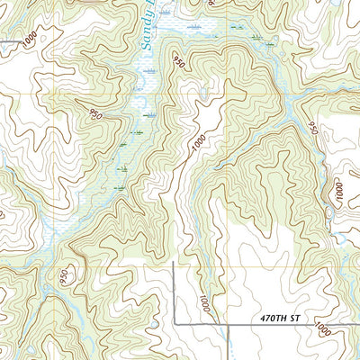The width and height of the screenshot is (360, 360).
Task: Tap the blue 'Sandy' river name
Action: (x=146, y=27)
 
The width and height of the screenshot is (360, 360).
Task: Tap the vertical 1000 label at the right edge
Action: (x=339, y=192)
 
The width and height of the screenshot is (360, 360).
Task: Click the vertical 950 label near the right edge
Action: (x=314, y=128)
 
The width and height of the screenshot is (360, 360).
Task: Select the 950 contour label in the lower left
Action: (x=64, y=277)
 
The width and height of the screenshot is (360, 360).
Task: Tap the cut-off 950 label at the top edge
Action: (x=212, y=4)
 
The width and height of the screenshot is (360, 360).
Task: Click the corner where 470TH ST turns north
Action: (x=174, y=322)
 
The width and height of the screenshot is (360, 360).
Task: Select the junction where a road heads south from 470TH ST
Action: (x=229, y=323)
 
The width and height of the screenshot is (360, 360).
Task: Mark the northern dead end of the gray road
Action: (x=174, y=263)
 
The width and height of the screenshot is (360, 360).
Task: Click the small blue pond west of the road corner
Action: (x=155, y=322)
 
